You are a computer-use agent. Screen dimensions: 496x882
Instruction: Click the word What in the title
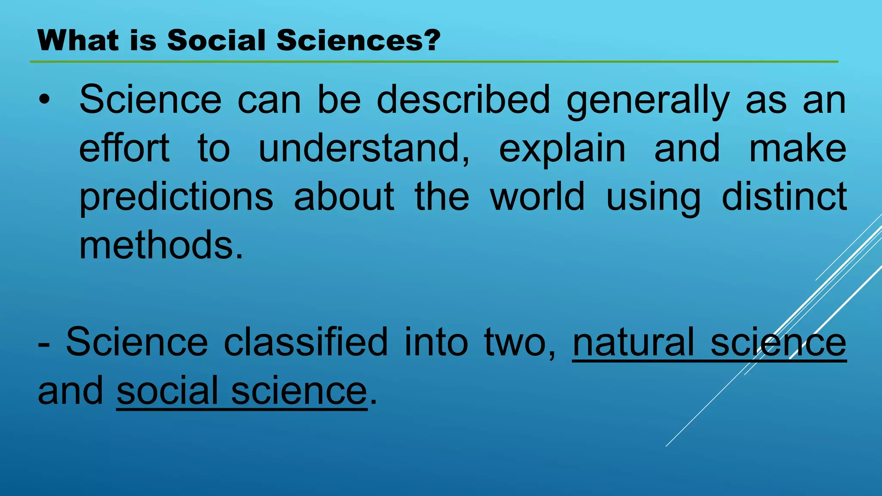point(78,40)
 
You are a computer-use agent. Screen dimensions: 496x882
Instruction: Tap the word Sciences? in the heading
point(358,40)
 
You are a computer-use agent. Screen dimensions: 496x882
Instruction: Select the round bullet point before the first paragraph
point(44,100)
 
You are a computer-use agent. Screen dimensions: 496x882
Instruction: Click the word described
point(463,100)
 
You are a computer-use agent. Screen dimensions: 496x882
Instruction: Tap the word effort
point(124,148)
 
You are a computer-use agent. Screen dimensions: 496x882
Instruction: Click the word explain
point(562,149)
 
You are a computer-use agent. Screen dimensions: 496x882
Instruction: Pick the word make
point(798,148)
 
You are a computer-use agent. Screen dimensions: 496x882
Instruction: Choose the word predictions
point(176,197)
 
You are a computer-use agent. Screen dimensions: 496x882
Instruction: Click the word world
point(537,197)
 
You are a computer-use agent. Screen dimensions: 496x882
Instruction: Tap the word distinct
point(784,197)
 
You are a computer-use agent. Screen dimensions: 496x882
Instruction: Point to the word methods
point(161,245)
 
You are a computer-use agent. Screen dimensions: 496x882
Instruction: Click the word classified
point(306,342)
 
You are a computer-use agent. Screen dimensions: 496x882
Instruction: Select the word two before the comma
point(515,343)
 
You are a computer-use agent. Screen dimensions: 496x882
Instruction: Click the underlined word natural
point(634,342)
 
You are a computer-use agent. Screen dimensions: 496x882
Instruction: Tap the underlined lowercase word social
point(168,391)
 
